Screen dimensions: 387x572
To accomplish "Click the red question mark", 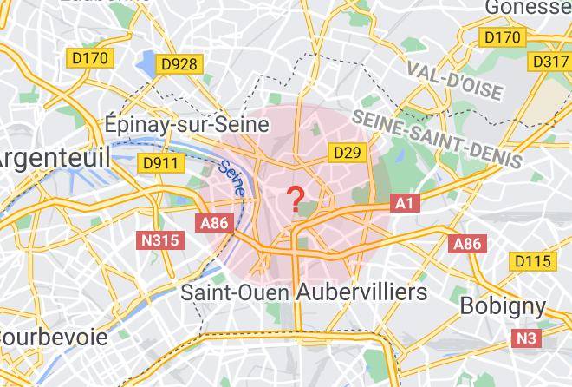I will pyautogui.click(x=296, y=198).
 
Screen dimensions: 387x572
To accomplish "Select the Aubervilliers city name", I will pyautogui.click(x=361, y=292).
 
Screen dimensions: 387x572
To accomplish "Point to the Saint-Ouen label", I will pyautogui.click(x=235, y=292).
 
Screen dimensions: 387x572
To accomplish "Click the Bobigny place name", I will pyautogui.click(x=503, y=305).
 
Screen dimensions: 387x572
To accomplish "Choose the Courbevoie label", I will pyautogui.click(x=54, y=337).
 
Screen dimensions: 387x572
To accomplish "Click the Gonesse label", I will pyautogui.click(x=529, y=8).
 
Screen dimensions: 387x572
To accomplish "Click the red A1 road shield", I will pyautogui.click(x=405, y=203).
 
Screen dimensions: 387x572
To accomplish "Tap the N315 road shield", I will pyautogui.click(x=161, y=239).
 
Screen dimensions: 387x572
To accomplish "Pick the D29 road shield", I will pyautogui.click(x=347, y=153).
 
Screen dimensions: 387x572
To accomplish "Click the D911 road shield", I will pyautogui.click(x=160, y=163).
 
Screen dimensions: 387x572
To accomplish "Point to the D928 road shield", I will pyautogui.click(x=179, y=64).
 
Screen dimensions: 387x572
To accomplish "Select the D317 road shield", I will pyautogui.click(x=549, y=62).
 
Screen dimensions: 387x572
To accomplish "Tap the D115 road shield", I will pyautogui.click(x=532, y=261).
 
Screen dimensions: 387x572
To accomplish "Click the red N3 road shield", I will pyautogui.click(x=526, y=338).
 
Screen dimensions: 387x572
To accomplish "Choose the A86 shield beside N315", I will pyautogui.click(x=214, y=223).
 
